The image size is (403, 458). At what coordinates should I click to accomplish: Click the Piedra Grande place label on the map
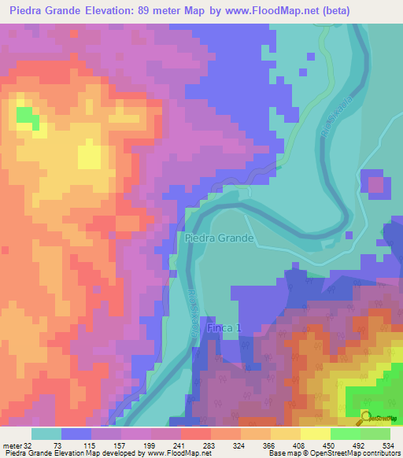coord(220,238)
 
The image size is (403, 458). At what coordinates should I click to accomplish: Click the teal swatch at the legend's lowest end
coord(46,434)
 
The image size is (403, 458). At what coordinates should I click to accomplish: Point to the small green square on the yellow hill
coord(26,117)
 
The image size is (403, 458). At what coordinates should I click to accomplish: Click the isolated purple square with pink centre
coord(379,187)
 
